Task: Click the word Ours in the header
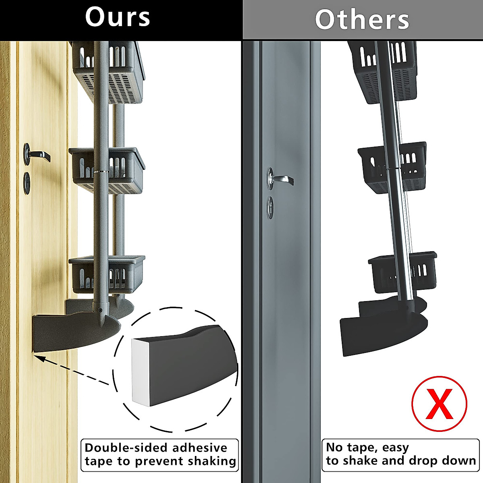(118, 18)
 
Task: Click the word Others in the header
(362, 19)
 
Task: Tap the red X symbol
(439, 404)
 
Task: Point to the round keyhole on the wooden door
(27, 183)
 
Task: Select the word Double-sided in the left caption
(125, 448)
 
